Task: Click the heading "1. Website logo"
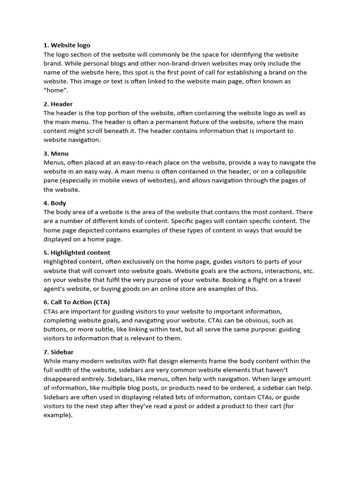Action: pos(67,45)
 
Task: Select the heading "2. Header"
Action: pos(58,104)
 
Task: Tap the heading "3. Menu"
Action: pos(56,153)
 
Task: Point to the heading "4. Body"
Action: pos(55,203)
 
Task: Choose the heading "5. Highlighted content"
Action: pos(77,253)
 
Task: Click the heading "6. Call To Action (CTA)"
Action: pos(76,302)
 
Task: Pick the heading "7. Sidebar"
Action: pos(59,352)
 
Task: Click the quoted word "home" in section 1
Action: pos(53,90)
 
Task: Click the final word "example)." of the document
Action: pos(58,414)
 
